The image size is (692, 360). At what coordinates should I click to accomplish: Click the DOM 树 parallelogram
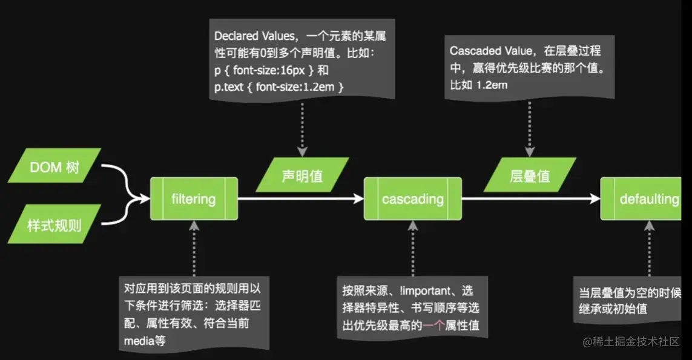coord(54,166)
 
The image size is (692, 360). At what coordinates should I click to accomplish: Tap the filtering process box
coord(194,198)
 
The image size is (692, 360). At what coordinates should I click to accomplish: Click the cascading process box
coord(412,198)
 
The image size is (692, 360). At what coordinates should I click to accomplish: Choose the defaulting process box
coord(645,198)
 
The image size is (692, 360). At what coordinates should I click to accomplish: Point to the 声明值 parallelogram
coord(302,176)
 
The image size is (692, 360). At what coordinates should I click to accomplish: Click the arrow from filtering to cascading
coord(300,198)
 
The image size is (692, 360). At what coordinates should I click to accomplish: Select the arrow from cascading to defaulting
coord(530,198)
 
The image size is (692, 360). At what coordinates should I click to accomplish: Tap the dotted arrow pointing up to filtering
coord(194,248)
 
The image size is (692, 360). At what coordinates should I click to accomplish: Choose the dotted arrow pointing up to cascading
coord(412,248)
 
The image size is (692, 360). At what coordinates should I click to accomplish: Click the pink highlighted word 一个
coord(432,326)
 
